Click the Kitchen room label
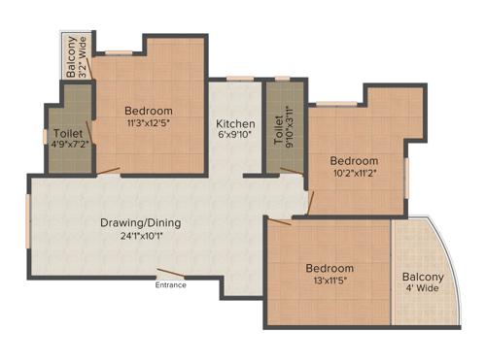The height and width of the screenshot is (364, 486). coord(235,124)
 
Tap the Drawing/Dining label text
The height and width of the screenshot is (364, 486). coord(141,222)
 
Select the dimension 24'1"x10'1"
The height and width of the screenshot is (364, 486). coord(141,236)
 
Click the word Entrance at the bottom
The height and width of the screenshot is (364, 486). coord(171,284)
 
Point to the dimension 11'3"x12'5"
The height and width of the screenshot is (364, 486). coord(149,123)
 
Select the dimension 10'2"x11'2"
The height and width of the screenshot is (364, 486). coord(353,173)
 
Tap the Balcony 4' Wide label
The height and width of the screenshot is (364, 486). coord(423,282)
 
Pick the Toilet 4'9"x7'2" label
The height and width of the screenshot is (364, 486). coord(68,137)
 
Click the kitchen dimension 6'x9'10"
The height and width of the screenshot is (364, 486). coord(235,137)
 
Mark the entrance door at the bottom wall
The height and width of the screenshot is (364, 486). coord(172,275)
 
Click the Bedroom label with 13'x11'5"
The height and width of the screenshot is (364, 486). coord(330,268)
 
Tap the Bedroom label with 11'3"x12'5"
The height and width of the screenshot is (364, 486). coord(149,111)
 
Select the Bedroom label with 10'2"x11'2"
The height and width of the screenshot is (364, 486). coord(353,160)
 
